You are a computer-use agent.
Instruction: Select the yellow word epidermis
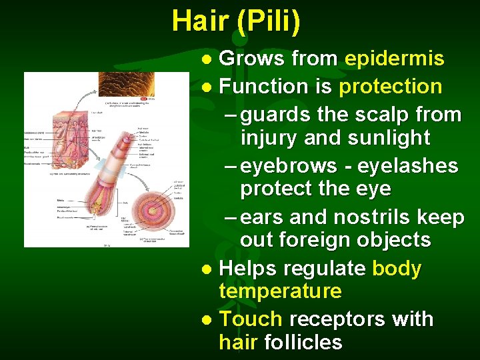point(394,59)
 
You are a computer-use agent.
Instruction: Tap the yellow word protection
point(390,87)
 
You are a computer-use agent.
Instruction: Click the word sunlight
point(390,138)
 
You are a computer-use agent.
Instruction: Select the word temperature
point(280,291)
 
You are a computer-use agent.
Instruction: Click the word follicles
point(303,343)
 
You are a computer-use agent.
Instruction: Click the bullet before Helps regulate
point(207,270)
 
